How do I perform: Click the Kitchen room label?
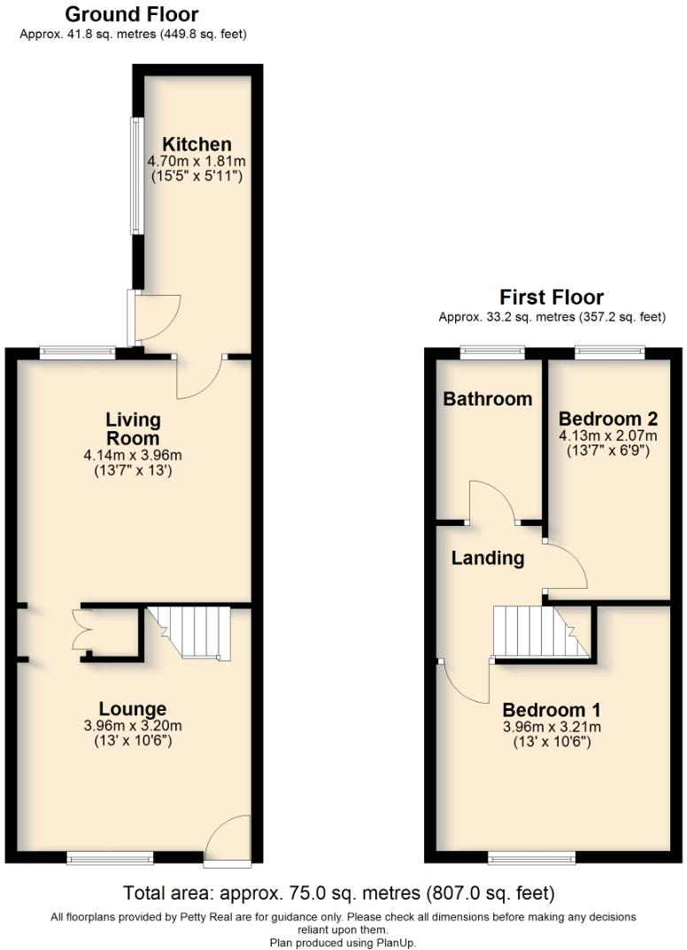(x=196, y=144)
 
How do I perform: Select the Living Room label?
(x=133, y=429)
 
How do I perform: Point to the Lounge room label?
(x=133, y=708)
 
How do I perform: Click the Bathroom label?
(x=488, y=398)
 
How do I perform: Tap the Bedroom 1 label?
(x=552, y=709)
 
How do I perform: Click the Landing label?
(x=487, y=558)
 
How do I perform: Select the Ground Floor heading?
(x=132, y=14)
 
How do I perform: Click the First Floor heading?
(x=552, y=297)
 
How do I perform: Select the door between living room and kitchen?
(x=200, y=377)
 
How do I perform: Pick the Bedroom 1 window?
(x=531, y=857)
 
